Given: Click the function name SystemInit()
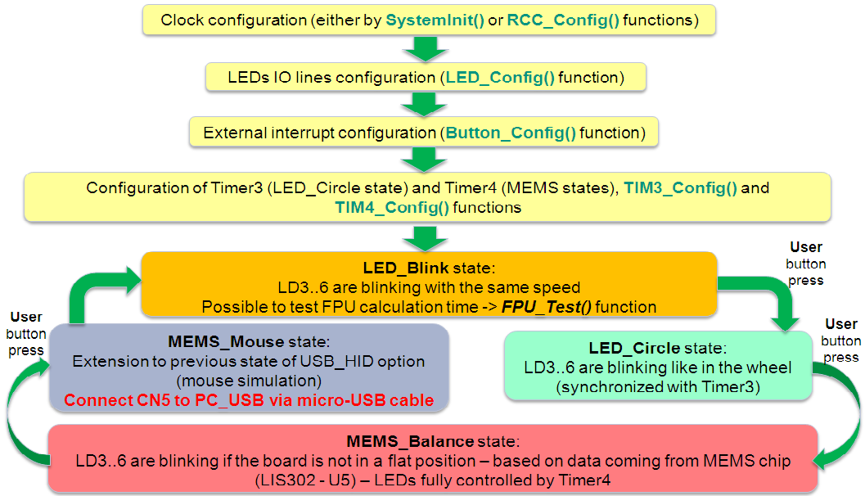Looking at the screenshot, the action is click(x=435, y=20).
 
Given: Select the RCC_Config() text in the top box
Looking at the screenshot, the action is click(x=563, y=20).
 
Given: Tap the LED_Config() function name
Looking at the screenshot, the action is click(x=500, y=78).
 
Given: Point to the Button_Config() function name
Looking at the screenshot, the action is click(x=511, y=133).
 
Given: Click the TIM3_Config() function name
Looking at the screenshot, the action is click(x=680, y=188).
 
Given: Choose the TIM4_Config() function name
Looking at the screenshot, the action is click(x=392, y=207).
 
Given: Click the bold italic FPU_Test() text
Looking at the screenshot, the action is click(x=546, y=307).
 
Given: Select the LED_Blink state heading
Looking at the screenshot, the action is click(x=429, y=268).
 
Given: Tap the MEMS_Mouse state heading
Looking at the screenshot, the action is click(x=249, y=342).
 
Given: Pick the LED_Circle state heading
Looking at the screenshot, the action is click(x=658, y=348).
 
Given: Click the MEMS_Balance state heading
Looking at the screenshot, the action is click(x=432, y=441).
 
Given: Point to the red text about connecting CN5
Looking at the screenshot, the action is click(x=249, y=400).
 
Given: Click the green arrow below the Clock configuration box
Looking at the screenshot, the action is click(x=425, y=49).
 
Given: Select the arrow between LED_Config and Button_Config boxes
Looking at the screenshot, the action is click(x=425, y=104).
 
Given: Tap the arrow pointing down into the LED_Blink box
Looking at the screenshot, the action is click(x=425, y=238).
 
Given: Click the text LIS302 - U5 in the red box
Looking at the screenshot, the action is click(x=305, y=480).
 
